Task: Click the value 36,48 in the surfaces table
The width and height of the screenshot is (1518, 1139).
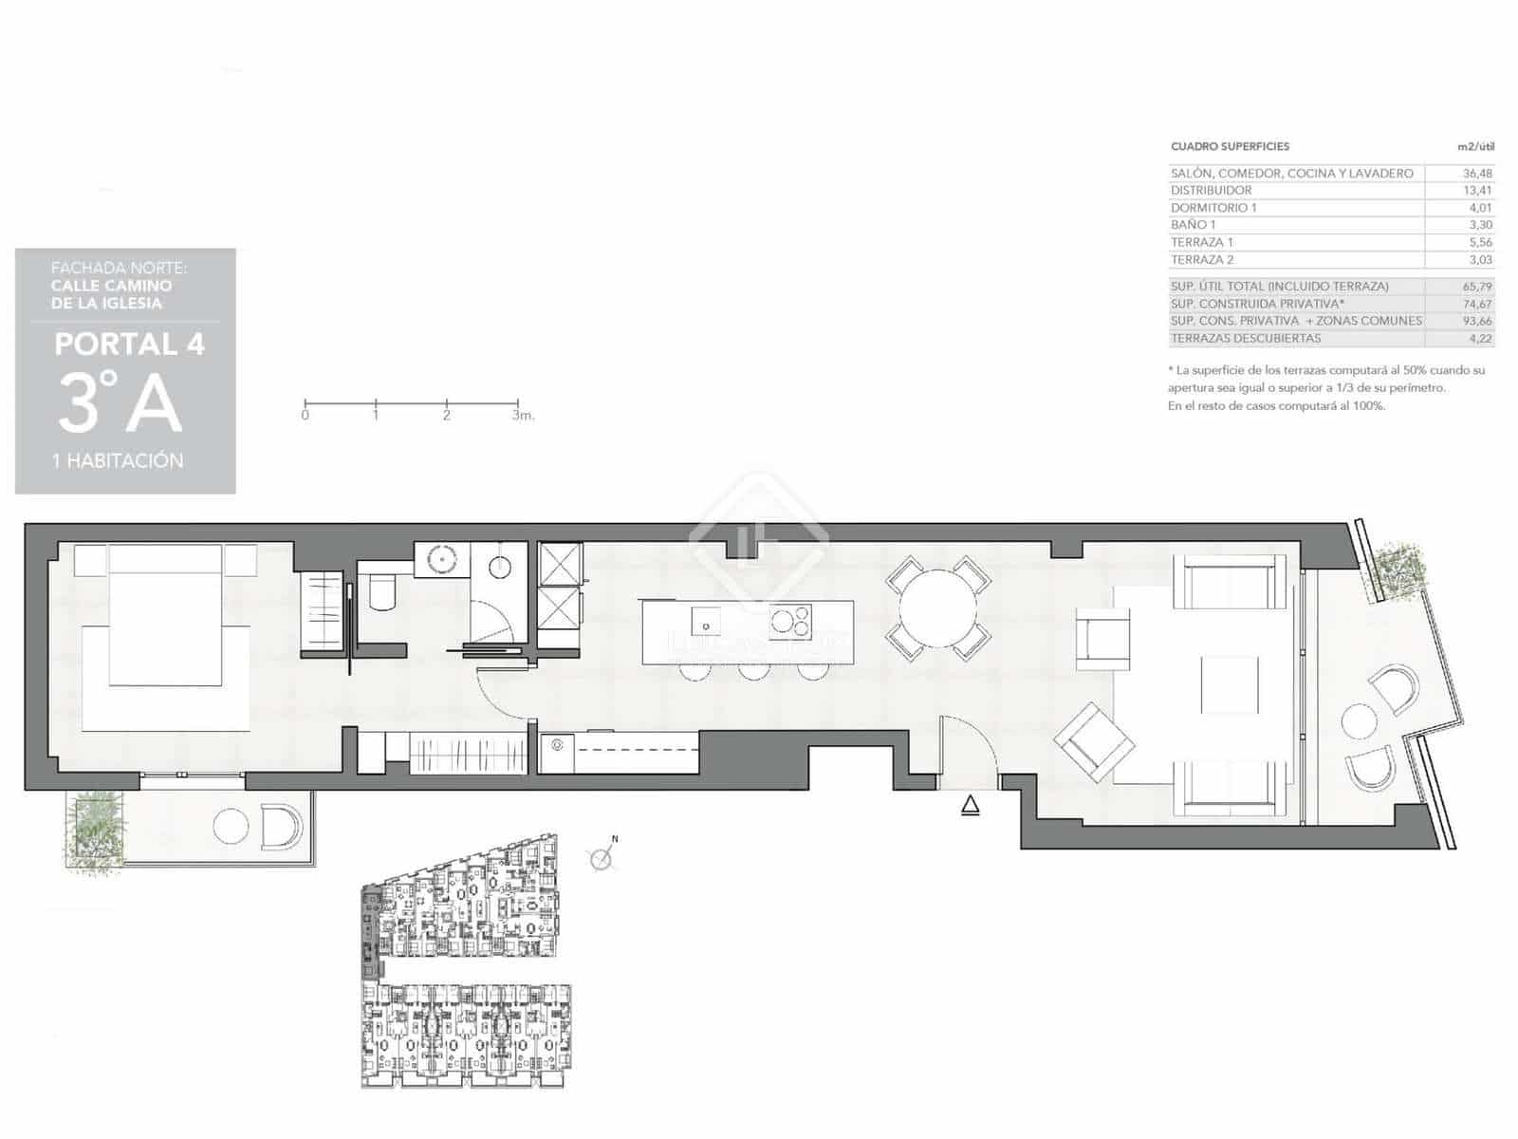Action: click(x=1476, y=174)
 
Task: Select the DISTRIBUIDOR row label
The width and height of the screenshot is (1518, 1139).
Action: click(x=1211, y=191)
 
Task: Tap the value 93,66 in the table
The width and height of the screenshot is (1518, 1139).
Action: click(x=1476, y=321)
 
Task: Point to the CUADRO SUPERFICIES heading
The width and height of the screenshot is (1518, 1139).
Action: click(x=1230, y=146)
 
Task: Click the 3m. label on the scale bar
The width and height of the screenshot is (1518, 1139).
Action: click(x=523, y=415)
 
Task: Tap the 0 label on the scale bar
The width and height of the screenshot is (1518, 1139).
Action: click(x=305, y=415)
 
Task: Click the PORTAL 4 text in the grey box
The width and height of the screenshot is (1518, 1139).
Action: click(x=129, y=344)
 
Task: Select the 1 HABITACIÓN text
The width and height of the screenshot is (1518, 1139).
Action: click(x=118, y=460)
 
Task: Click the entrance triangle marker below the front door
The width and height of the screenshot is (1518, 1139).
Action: click(x=970, y=807)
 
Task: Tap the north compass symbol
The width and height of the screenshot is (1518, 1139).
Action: click(x=602, y=859)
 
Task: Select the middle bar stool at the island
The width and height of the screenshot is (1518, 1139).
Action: click(x=754, y=671)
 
